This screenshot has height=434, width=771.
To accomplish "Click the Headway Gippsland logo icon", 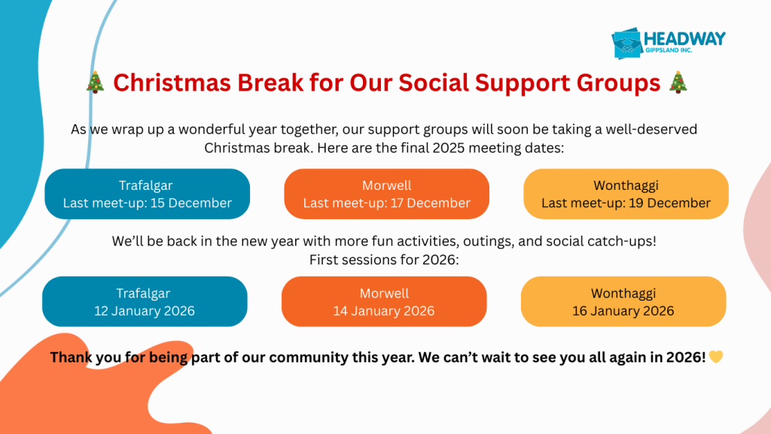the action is pyautogui.click(x=627, y=43).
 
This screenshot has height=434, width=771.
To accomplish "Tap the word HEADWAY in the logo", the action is pyautogui.click(x=684, y=39).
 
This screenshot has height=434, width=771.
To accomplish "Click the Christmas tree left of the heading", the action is pyautogui.click(x=96, y=81).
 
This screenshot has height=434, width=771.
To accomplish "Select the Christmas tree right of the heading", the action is pyautogui.click(x=678, y=81).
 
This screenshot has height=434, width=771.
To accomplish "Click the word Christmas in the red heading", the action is pyautogui.click(x=172, y=82).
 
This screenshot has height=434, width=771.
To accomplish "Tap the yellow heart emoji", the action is pyautogui.click(x=716, y=356).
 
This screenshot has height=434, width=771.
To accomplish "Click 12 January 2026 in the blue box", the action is pyautogui.click(x=145, y=310).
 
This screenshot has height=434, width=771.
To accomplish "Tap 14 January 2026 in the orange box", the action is pyautogui.click(x=384, y=310).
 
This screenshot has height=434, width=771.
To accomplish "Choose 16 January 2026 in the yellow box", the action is pyautogui.click(x=623, y=310).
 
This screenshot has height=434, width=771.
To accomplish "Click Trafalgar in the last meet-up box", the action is pyautogui.click(x=145, y=185).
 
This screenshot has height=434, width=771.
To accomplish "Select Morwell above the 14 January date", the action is pyautogui.click(x=384, y=293).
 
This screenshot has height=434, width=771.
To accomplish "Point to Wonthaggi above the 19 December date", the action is pyautogui.click(x=626, y=185).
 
